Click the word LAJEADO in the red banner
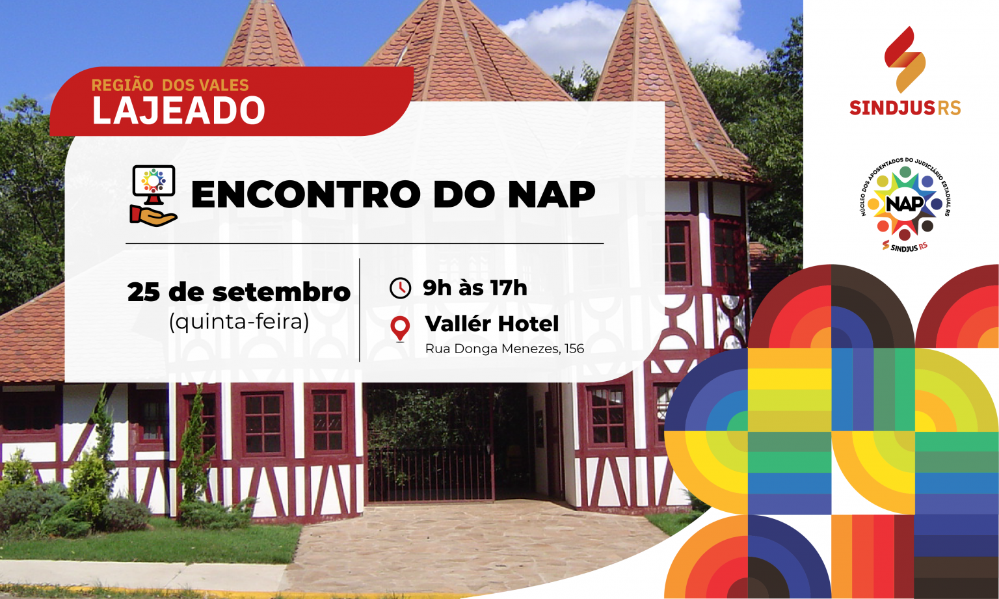[178, 111]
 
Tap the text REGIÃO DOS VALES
[170, 85]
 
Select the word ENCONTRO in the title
[306, 194]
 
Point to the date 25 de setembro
[239, 293]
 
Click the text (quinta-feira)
[239, 322]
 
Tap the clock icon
[400, 287]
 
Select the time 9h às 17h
[475, 287]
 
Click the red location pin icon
[400, 328]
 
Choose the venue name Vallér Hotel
[492, 324]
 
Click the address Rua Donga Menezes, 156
[505, 349]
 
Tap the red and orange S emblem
[905, 59]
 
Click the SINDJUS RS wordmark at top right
[905, 108]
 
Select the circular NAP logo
[905, 205]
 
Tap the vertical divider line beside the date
[360, 310]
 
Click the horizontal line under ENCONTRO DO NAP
[365, 243]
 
